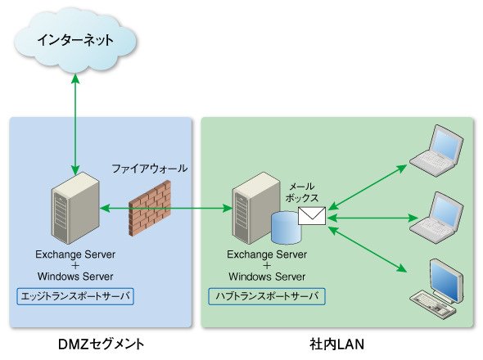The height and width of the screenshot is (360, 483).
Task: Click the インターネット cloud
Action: point(75,40)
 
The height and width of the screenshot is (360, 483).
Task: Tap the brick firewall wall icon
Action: point(150,208)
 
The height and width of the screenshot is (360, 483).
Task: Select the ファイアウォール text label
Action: point(149,169)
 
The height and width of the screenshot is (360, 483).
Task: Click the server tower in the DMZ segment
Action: point(75,208)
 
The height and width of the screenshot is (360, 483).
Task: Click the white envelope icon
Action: point(312,215)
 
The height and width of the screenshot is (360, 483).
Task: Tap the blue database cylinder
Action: point(286,227)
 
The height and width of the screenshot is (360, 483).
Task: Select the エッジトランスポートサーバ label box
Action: point(75,296)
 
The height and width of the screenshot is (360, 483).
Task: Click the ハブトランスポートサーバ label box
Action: point(267,296)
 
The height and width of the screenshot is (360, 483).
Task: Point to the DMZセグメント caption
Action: point(101,344)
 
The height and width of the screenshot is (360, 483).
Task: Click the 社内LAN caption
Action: point(337,344)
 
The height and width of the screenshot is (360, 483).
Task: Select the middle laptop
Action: point(437,218)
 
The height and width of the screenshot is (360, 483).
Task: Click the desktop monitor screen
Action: point(446,281)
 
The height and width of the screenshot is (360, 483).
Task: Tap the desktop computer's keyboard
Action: point(433,303)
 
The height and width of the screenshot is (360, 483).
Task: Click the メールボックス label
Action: point(301,192)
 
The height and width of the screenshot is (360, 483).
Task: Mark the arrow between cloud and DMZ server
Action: point(75,124)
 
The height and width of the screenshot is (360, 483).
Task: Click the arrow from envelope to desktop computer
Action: point(368,250)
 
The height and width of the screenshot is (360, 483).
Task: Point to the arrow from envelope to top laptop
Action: point(368,187)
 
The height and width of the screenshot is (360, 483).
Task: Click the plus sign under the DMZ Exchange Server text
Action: point(75,265)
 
